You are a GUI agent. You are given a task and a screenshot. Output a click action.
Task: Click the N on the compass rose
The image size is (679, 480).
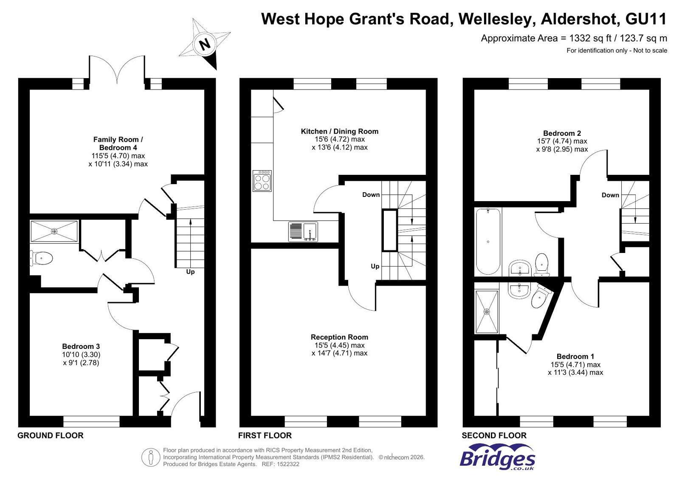(205, 45)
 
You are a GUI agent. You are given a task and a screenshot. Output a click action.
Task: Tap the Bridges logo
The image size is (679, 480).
(497, 457)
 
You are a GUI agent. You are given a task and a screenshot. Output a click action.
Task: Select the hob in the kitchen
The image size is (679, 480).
(262, 181)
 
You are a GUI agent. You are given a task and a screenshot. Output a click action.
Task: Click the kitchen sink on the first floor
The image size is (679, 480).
(304, 232)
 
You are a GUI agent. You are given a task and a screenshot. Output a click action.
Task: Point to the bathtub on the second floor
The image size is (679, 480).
(488, 241)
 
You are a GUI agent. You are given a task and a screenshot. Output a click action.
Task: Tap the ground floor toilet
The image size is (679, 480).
(42, 258)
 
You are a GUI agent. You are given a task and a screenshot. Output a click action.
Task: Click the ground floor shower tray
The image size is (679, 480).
(54, 231)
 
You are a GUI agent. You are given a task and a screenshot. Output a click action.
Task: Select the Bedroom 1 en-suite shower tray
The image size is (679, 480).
(487, 312)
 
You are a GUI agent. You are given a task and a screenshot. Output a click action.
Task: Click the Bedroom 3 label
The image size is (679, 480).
(81, 346)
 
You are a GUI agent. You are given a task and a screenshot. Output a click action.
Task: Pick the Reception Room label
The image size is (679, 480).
(340, 337)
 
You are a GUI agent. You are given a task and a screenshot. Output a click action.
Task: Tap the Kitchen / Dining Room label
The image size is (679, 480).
(340, 131)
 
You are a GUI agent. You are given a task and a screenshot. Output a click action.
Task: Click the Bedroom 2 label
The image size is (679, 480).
(562, 133)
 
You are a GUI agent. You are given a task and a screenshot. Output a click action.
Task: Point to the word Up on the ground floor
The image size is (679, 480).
(190, 272)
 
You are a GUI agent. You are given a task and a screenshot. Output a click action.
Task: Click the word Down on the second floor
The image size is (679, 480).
(610, 195)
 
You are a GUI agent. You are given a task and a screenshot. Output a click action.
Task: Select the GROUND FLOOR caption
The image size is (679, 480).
(50, 435)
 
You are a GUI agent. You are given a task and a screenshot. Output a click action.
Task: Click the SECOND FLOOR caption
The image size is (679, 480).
(494, 435)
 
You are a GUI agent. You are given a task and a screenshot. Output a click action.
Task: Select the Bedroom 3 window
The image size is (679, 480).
(92, 421)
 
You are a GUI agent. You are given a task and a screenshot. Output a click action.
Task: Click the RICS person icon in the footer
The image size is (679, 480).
(151, 457)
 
